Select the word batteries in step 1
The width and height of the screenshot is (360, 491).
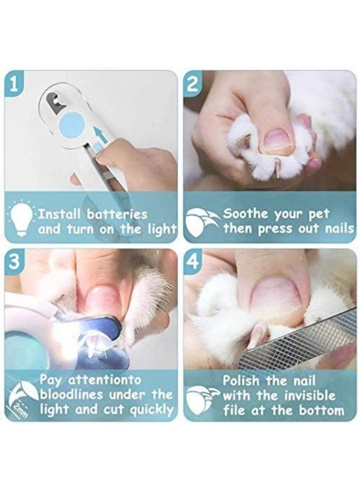pyautogui.click(x=117, y=215)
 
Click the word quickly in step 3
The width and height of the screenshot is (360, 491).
pyautogui.click(x=151, y=410)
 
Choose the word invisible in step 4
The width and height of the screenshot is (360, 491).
pyautogui.click(x=310, y=396)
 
